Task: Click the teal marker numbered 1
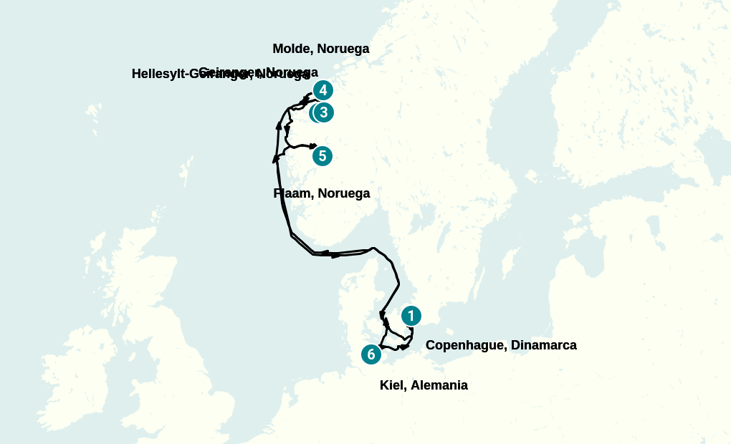[411, 315]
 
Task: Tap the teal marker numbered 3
[324, 112]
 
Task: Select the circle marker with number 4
[323, 90]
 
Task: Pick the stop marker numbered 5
[322, 155]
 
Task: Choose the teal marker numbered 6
[371, 354]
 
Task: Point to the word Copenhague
[466, 345]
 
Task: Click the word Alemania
[439, 385]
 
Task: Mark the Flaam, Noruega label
[322, 193]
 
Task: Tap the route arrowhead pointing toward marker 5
[313, 146]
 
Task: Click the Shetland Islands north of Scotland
[186, 172]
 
